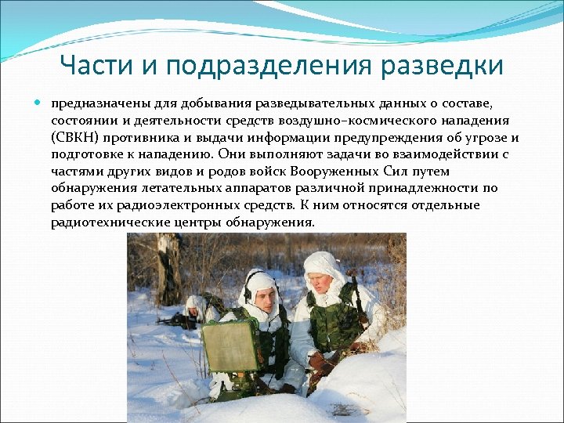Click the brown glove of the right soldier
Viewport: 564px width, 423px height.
point(322,363)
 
